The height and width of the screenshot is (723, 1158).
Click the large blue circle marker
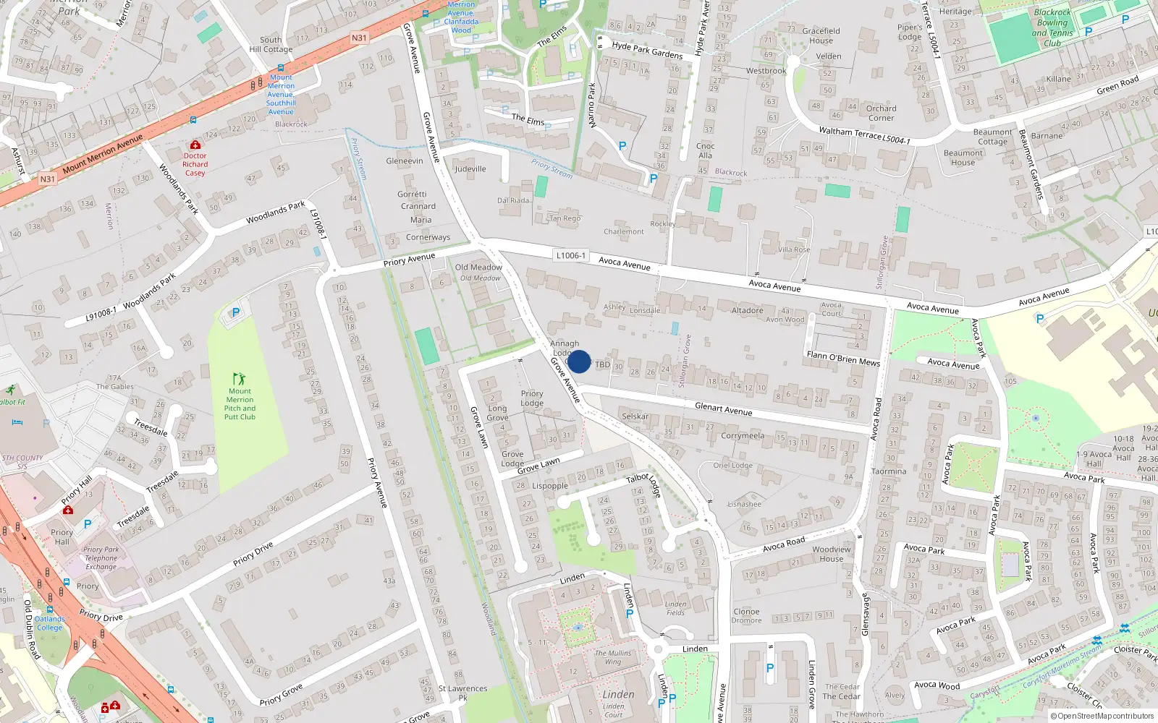tap(579, 361)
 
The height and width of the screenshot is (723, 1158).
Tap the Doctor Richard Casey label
tap(195, 164)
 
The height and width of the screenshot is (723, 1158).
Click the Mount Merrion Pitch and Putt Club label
tap(240, 404)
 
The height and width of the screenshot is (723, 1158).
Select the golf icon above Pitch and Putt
tap(240, 379)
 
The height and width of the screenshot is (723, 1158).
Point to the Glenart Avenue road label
tap(723, 409)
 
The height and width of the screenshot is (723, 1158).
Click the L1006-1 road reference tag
tap(570, 255)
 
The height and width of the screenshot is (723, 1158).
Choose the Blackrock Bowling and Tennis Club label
tap(1052, 27)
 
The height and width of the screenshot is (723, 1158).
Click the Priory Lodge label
tap(532, 398)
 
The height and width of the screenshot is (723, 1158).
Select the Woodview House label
tap(832, 554)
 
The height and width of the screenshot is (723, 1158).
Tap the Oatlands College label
tap(50, 623)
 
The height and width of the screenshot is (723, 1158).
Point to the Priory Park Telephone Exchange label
tap(101, 558)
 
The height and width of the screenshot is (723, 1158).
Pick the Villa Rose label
tap(794, 249)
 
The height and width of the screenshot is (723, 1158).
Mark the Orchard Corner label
tap(881, 113)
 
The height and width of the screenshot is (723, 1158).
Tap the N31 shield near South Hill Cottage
tap(359, 38)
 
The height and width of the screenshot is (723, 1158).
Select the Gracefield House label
tap(821, 35)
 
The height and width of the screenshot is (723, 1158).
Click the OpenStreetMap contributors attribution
tap(1105, 716)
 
